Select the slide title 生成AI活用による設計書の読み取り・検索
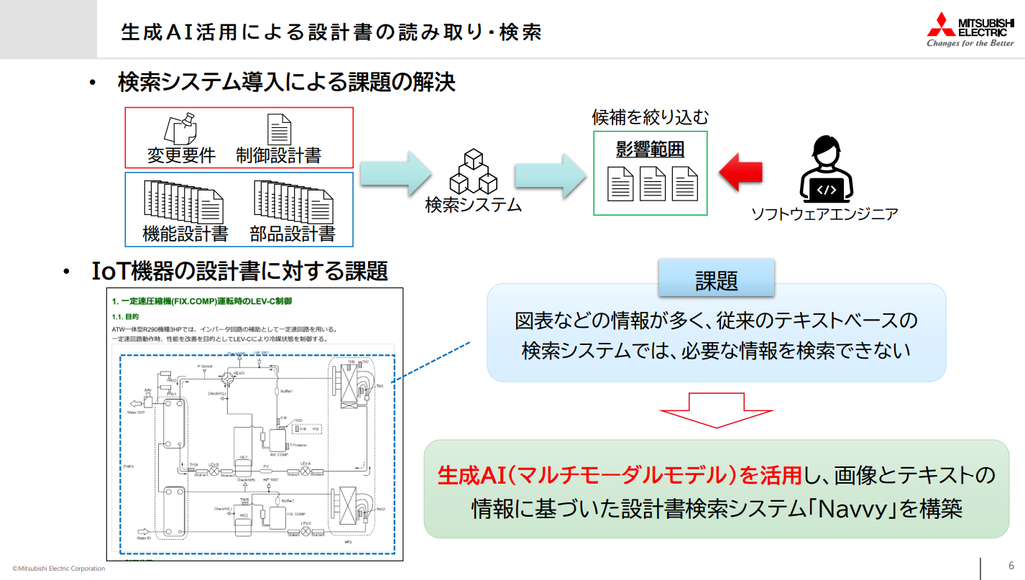coord(331,32)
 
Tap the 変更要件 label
coord(181,155)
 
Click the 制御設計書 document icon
coord(279,129)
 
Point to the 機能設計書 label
coord(185,234)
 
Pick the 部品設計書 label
coord(293,234)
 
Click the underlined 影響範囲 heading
coord(650,149)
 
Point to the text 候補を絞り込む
coord(650,117)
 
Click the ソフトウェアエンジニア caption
coord(824,213)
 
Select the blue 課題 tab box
coord(716,279)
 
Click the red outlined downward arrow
coord(716,410)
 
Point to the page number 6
coord(1011,565)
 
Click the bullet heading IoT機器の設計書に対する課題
coord(240,271)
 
